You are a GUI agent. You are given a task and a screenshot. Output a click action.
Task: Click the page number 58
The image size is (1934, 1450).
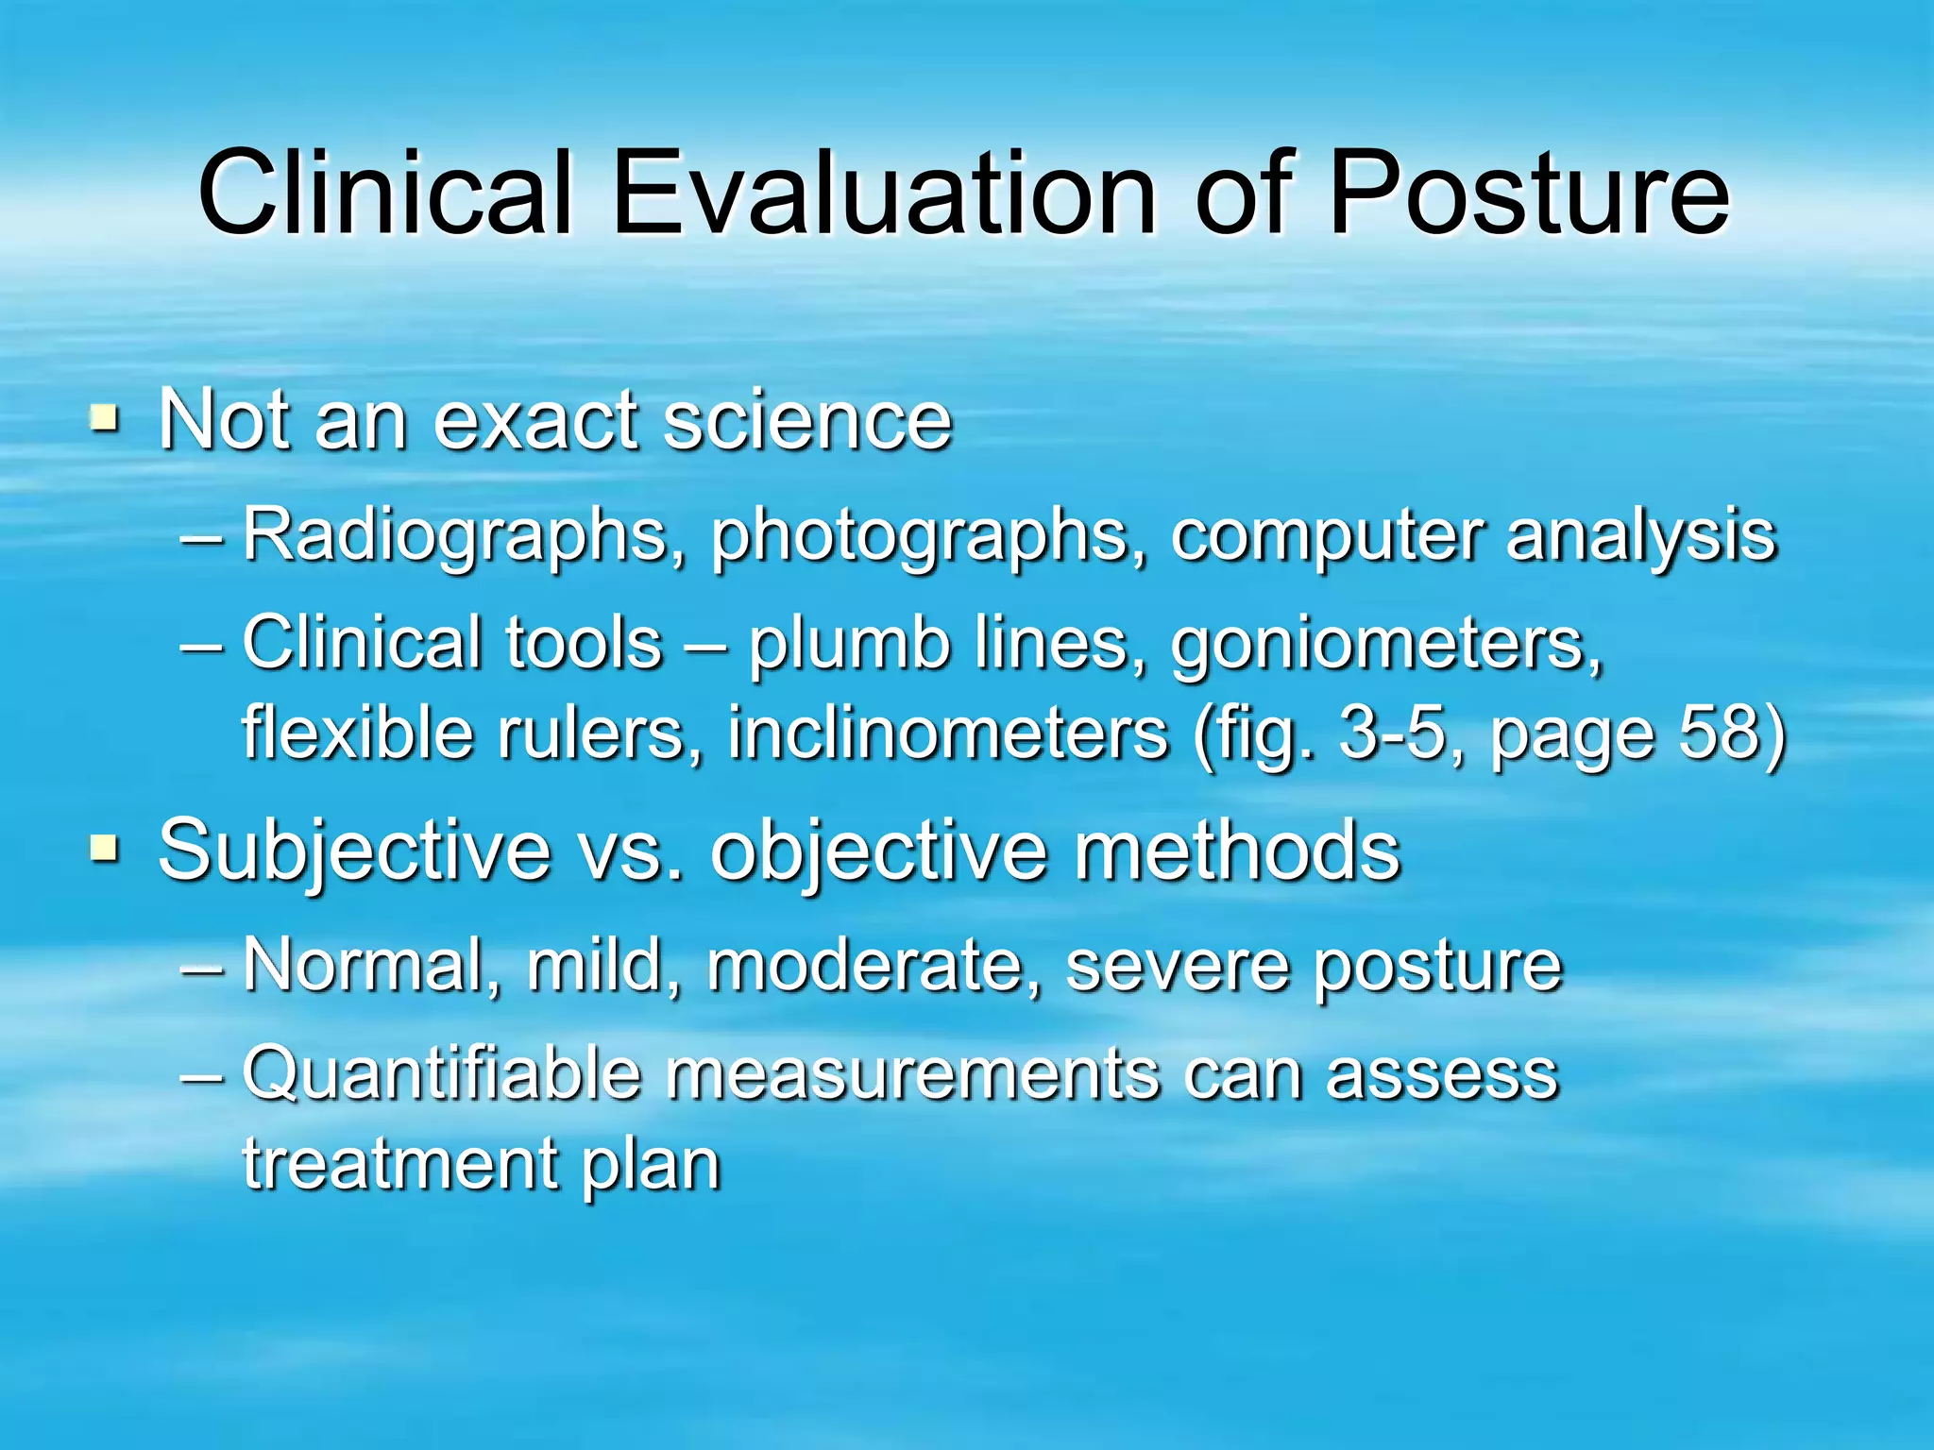click(x=1715, y=733)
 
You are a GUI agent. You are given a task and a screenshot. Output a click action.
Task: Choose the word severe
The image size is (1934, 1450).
click(x=1177, y=969)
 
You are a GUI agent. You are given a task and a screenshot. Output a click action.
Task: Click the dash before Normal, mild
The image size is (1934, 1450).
click(x=202, y=969)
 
